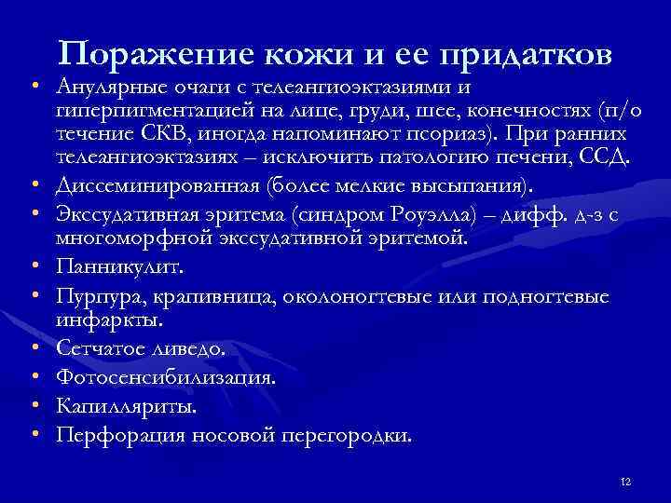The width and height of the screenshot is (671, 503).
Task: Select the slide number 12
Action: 625,481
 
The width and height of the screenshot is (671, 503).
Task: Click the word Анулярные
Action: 110,88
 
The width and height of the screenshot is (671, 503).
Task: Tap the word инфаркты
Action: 109,319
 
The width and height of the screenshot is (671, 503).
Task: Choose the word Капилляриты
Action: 127,406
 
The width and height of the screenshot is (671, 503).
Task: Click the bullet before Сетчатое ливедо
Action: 33,349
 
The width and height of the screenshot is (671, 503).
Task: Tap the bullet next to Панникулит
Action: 33,268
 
